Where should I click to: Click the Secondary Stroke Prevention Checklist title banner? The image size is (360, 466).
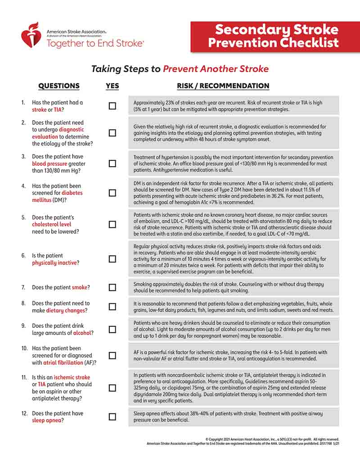(276, 36)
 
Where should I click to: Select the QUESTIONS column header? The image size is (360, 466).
(58, 86)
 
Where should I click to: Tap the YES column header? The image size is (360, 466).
(112, 86)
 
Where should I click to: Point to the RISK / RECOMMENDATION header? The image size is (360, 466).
(223, 86)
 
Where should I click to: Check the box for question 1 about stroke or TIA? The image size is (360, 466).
(112, 106)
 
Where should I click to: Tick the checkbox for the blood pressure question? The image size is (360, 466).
(112, 164)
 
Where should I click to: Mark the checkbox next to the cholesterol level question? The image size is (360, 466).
(112, 224)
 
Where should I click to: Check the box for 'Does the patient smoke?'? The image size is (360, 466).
(112, 287)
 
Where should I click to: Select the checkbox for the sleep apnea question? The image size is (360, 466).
(112, 417)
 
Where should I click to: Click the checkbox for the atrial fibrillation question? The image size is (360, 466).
(112, 355)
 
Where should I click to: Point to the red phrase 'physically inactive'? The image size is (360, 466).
(54, 263)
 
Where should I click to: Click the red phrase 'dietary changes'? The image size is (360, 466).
(66, 311)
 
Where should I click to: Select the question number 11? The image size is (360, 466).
(24, 377)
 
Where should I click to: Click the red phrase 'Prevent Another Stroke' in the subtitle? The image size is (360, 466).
(216, 69)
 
